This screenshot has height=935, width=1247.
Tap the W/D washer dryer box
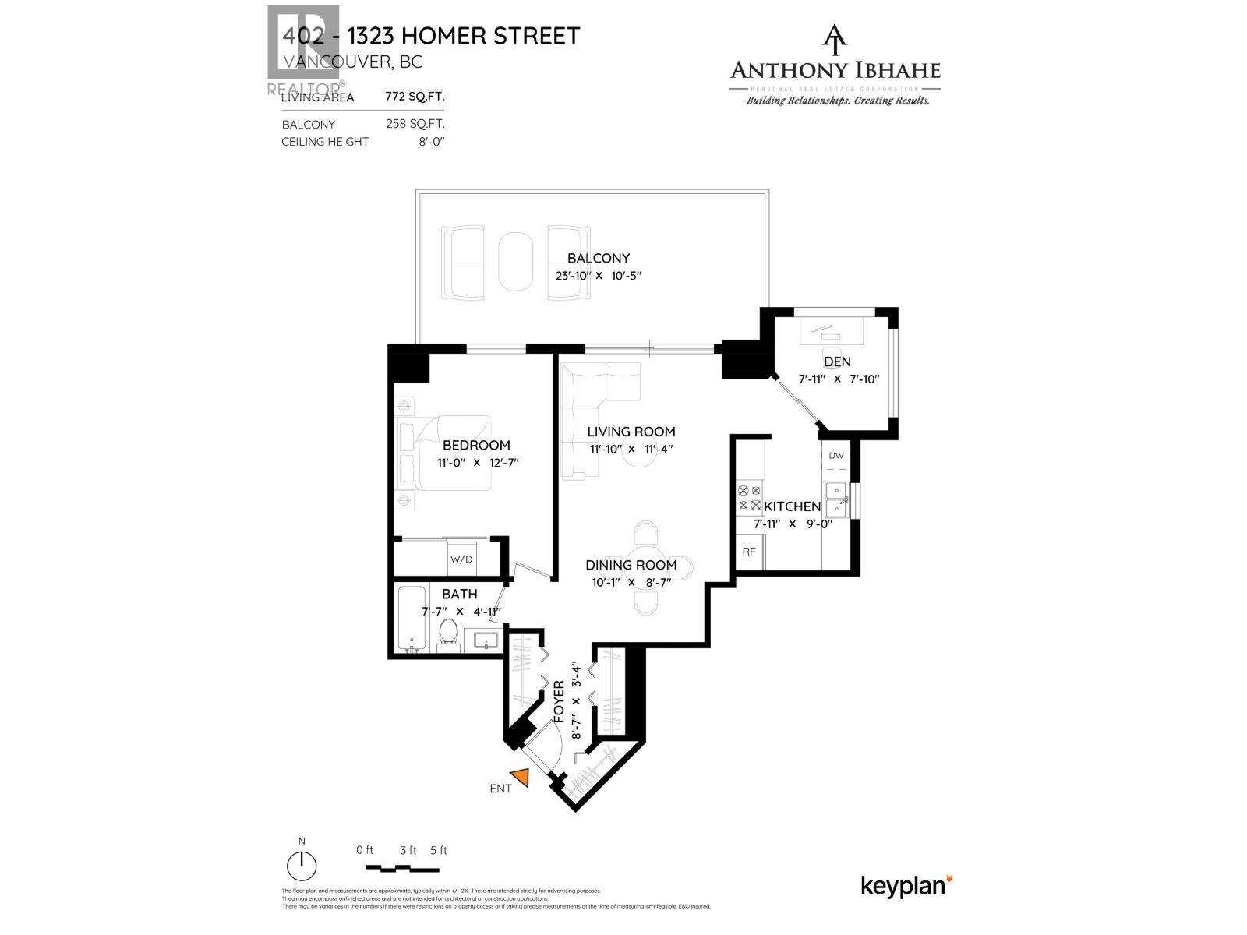pos(461,559)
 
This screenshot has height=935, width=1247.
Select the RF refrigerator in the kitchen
pos(750,552)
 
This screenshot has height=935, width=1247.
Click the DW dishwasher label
pos(836,456)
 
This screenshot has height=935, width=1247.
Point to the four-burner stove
pos(750,498)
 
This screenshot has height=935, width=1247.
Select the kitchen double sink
pos(838,499)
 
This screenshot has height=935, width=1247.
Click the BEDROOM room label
pos(476,445)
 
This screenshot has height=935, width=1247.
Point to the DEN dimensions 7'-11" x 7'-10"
pos(838,379)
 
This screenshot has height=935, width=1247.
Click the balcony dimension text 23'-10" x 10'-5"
pos(598,276)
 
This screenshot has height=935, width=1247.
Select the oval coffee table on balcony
pos(516,263)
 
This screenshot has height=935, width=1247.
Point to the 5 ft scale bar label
pos(438,850)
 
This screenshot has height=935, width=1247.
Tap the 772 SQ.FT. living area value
pos(415,97)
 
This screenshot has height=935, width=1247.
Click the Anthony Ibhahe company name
pos(835,71)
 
